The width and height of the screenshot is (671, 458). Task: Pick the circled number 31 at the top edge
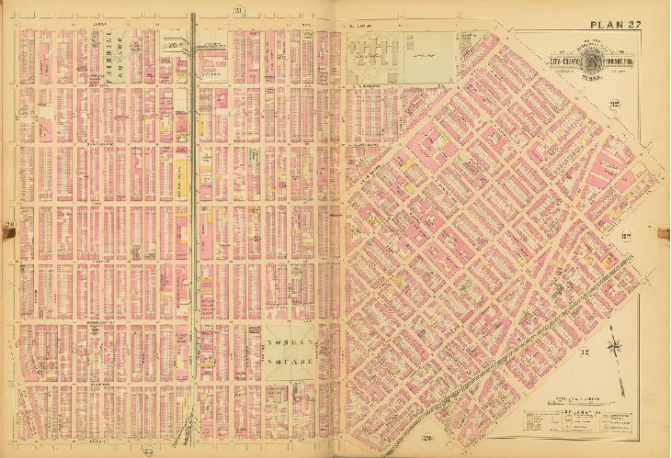tap(236, 10)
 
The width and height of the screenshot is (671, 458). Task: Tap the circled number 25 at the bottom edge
tap(147, 450)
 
